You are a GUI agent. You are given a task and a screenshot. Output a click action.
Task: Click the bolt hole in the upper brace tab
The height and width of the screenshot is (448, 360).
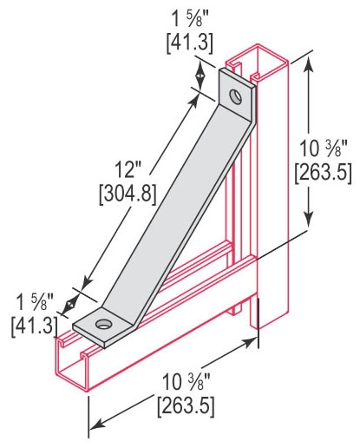tap(236, 96)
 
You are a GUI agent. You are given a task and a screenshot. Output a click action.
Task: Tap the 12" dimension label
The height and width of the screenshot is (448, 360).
tap(125, 169)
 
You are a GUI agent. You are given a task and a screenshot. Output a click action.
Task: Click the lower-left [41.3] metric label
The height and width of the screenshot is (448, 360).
tap(34, 326)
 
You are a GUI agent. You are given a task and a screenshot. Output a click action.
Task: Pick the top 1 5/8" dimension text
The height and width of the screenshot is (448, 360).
tap(188, 20)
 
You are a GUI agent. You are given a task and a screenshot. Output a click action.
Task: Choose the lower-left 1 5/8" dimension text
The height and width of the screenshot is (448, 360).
tap(35, 303)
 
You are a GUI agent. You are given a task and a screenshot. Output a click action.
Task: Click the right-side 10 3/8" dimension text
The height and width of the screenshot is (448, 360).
tap(323, 148)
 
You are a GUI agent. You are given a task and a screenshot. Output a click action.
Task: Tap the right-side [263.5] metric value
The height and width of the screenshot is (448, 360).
tap(323, 173)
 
